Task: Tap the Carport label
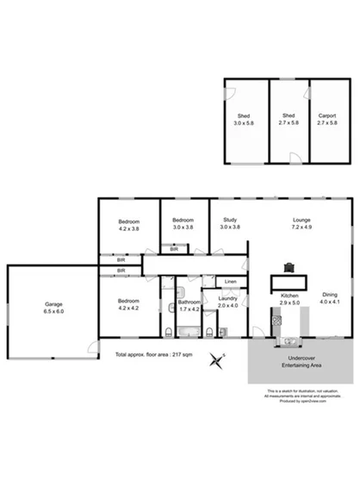pos(327,119)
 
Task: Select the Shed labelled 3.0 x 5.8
pos(245,119)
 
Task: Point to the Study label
pos(229,222)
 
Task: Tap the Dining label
pos(330,297)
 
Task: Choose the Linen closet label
pos(230,282)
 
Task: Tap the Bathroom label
pos(189,303)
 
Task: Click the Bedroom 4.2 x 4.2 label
pos(130,303)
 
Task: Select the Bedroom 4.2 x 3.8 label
pos(129,226)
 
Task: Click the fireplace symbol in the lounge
pos(289,268)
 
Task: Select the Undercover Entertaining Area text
pos(304,362)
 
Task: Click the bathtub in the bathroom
pos(189,333)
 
